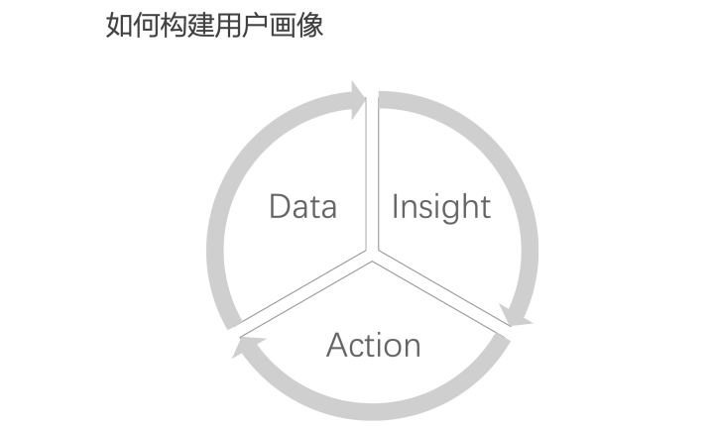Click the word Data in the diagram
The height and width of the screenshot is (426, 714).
click(303, 207)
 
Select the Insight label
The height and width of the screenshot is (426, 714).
click(441, 208)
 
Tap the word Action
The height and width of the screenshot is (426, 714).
click(374, 345)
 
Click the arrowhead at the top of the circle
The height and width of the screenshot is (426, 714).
click(358, 100)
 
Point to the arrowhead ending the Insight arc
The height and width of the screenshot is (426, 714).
click(516, 315)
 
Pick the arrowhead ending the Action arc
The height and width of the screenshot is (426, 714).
click(248, 347)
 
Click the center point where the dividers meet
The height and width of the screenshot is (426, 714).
click(372, 256)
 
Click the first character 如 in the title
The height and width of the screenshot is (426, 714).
click(119, 25)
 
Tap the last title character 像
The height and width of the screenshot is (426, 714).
click(310, 25)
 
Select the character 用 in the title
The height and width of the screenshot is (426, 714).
click(229, 25)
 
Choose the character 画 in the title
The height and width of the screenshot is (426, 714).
click(284, 25)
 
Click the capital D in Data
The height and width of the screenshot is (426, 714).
click(279, 207)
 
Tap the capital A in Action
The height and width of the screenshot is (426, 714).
click(338, 345)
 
